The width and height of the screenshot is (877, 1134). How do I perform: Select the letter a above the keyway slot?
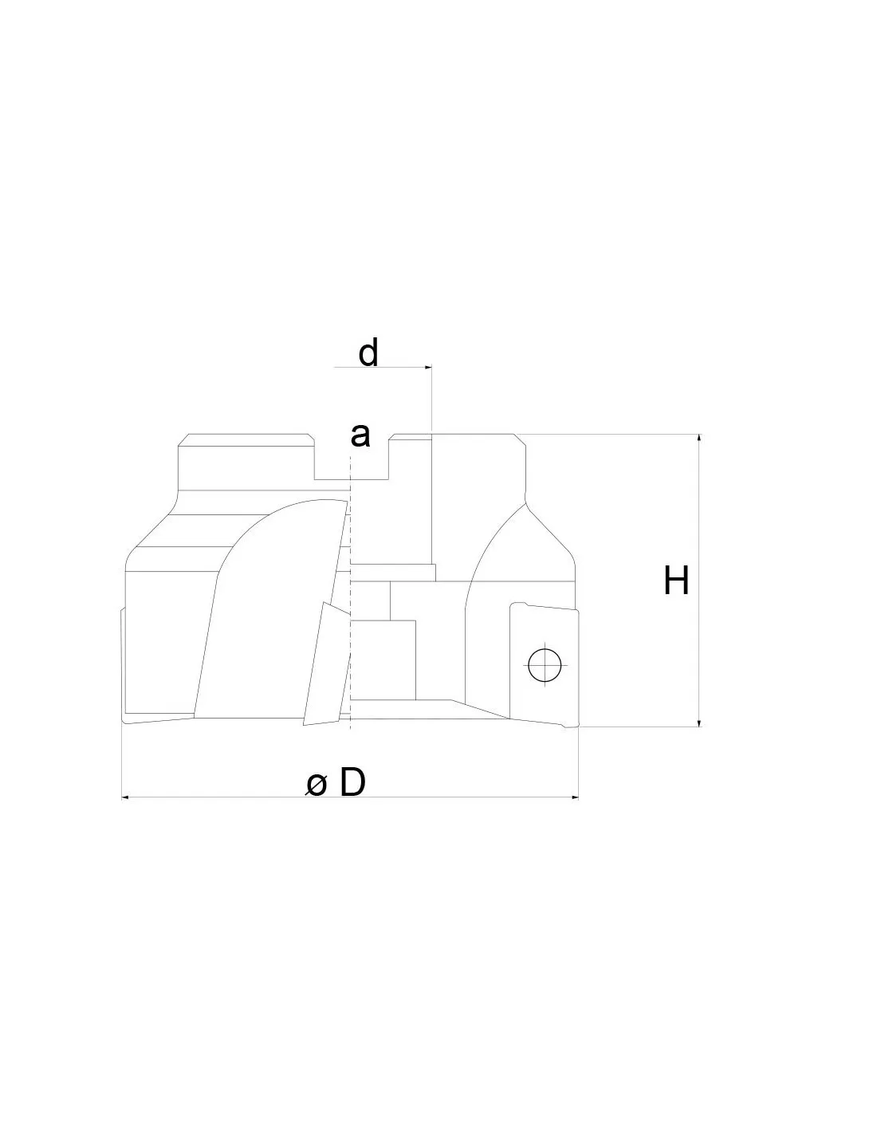360,435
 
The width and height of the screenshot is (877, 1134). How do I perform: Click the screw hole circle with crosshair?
545,665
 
